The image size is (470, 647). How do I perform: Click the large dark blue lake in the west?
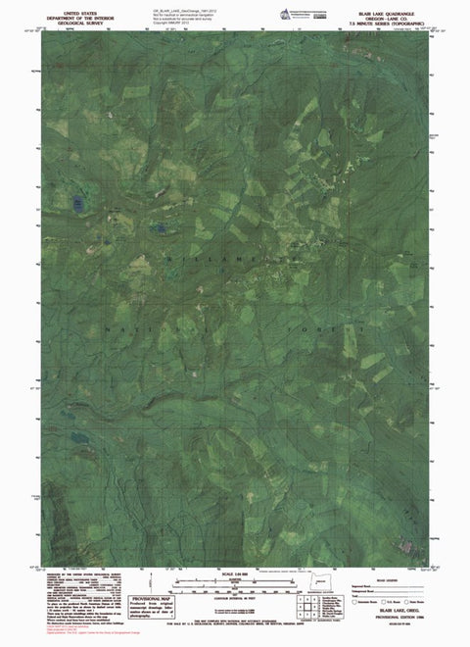(74, 204)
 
